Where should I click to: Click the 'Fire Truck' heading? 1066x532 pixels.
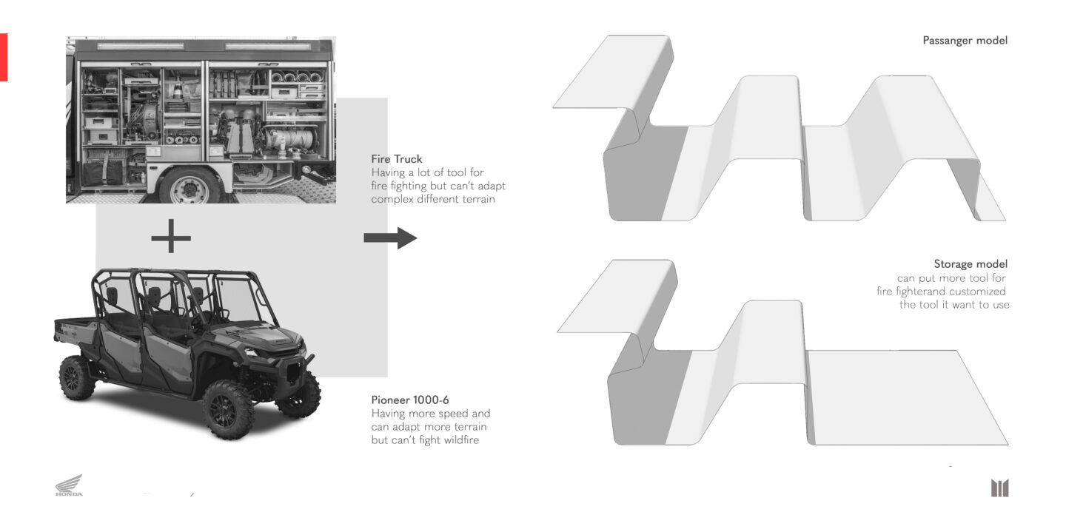397,159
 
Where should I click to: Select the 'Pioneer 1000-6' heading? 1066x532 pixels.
410,400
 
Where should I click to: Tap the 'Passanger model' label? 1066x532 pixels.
965,41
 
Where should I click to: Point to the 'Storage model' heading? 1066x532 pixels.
971,263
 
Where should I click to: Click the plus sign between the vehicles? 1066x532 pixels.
171,237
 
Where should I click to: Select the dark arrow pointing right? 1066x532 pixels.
390,238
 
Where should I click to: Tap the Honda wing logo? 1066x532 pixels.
69,485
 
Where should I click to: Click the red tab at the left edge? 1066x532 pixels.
3,57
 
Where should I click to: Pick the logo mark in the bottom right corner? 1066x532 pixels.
999,488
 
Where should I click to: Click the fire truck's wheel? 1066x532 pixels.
190,186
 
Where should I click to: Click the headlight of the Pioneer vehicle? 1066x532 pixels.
251,352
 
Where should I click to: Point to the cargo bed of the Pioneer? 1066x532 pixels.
76,329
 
